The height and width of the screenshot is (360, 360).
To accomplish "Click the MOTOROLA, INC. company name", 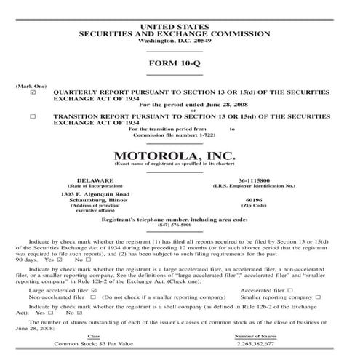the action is click(x=180, y=155).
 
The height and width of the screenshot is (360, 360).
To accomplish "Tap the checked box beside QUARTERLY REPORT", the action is click(x=33, y=93).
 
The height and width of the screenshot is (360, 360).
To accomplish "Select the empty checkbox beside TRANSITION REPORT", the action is click(x=33, y=116).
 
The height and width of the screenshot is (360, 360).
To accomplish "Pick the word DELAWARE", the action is click(x=95, y=180).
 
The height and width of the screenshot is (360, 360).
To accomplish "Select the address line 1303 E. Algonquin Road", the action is click(x=95, y=194).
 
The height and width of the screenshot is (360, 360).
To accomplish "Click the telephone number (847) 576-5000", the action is click(x=179, y=225).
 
